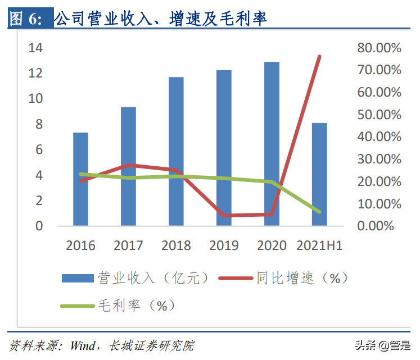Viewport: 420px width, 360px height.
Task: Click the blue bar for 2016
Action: [80, 179]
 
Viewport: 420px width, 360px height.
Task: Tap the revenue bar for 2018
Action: [176, 151]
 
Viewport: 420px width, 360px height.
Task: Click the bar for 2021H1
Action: [319, 174]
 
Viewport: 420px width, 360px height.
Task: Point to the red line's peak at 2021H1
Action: [319, 57]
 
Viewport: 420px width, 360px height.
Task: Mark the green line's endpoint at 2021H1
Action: [319, 212]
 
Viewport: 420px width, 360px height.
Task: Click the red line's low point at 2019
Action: [224, 215]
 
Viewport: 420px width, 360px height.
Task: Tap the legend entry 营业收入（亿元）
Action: [135, 277]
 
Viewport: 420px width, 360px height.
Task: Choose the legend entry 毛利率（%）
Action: [118, 305]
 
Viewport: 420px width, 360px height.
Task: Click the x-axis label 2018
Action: [176, 245]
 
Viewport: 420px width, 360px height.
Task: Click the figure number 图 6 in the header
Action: [26, 19]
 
